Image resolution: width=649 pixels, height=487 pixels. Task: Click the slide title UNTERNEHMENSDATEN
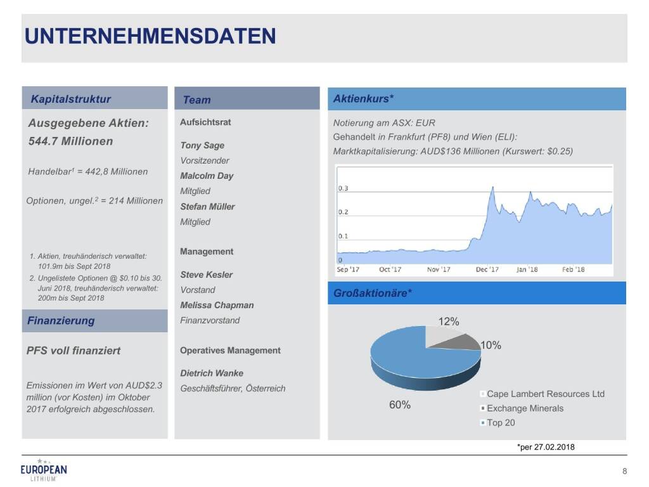pyautogui.click(x=150, y=36)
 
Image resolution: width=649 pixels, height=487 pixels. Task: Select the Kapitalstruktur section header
pyautogui.click(x=71, y=99)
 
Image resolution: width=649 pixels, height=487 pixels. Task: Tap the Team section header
pyautogui.click(x=196, y=100)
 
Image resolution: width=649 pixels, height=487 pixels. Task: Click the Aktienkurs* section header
pyautogui.click(x=363, y=98)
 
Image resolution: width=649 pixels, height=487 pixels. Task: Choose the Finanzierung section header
pyautogui.click(x=61, y=320)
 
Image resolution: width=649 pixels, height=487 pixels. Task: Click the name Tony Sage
pyautogui.click(x=202, y=145)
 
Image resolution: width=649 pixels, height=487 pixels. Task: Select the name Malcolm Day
pyautogui.click(x=207, y=176)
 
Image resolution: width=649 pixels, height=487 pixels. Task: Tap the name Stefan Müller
pyautogui.click(x=207, y=206)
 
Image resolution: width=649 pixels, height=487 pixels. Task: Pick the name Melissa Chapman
pyautogui.click(x=217, y=305)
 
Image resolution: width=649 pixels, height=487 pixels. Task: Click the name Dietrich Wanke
pyautogui.click(x=212, y=373)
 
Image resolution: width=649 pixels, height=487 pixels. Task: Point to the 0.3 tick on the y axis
pyautogui.click(x=343, y=188)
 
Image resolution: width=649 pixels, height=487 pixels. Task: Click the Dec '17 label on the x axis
pyautogui.click(x=487, y=269)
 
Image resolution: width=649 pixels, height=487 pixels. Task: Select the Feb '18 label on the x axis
pyautogui.click(x=573, y=269)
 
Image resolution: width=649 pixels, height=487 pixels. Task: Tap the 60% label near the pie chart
pyautogui.click(x=399, y=405)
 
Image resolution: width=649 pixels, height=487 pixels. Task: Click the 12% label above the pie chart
pyautogui.click(x=448, y=321)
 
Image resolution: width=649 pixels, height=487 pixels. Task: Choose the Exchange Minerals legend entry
pyautogui.click(x=525, y=408)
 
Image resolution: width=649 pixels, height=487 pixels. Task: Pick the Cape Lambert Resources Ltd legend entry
pyautogui.click(x=545, y=394)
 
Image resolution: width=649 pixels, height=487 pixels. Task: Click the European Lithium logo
pyautogui.click(x=44, y=470)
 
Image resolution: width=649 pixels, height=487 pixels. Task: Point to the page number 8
pyautogui.click(x=625, y=471)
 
